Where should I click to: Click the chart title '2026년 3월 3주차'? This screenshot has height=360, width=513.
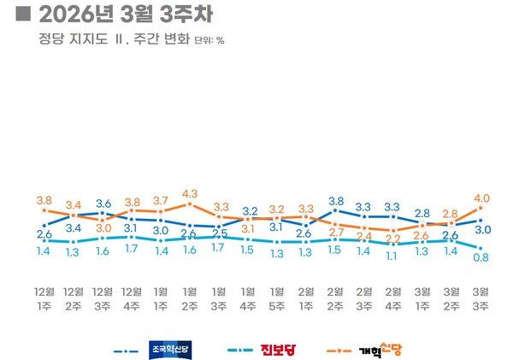125,16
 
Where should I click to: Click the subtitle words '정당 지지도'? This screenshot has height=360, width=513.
72,39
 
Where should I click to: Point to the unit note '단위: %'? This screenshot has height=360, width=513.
209,40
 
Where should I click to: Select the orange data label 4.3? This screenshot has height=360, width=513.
190,193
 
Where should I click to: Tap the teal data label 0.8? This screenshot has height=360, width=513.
482,257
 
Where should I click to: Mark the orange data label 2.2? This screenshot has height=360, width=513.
393,239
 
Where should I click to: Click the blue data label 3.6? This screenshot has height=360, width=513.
103,204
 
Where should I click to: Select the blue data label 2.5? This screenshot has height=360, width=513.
220,233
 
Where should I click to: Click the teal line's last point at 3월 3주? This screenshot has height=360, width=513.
482,246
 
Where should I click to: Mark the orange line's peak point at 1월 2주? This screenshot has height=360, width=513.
190,204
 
